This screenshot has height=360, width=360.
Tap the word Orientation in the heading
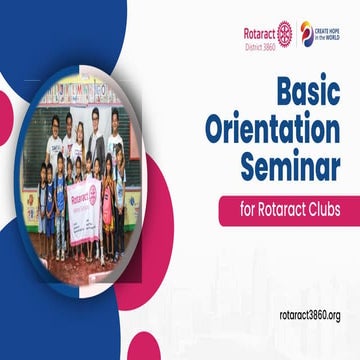pos(272,131)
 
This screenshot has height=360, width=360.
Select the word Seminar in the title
pos(290,163)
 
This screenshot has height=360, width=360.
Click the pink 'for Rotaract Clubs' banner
pos(280,209)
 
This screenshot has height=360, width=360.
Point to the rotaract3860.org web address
pos(310,315)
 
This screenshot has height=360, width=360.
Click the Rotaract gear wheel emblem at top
pos(284,32)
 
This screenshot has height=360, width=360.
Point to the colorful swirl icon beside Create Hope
pos(307,33)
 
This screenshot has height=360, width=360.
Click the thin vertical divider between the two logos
pos(296,33)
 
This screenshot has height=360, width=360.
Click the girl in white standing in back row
pos(56,140)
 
